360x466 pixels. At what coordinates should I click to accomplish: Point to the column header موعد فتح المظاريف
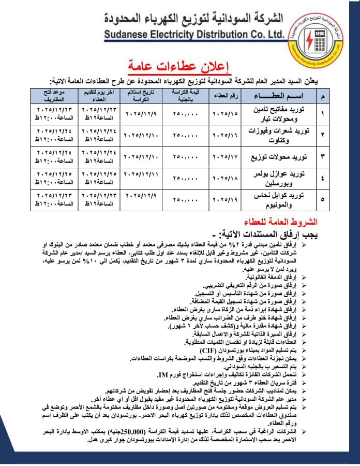(x=55, y=95)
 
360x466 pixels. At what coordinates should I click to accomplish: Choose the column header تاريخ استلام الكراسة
(x=141, y=96)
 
